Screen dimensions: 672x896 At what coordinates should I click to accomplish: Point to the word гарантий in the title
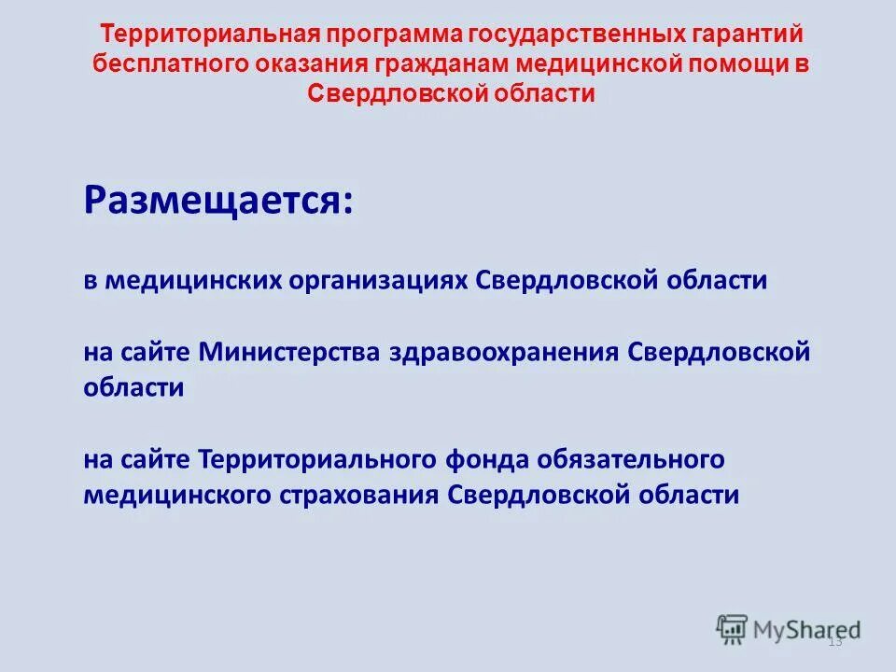click(x=749, y=35)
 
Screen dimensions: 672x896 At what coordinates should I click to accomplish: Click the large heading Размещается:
click(x=218, y=199)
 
